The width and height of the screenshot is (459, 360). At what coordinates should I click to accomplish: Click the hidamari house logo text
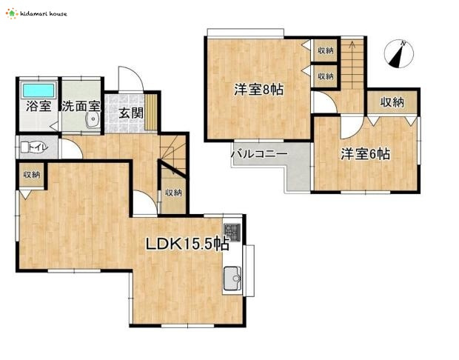44,14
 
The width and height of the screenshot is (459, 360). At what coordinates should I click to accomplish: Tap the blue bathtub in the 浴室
39,90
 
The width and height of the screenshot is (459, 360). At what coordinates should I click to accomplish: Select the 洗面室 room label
81,106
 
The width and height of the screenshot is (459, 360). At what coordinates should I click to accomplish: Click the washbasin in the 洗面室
93,120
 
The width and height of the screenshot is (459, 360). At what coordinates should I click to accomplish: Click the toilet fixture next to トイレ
25,147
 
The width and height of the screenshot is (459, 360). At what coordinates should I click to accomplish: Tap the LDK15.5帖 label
187,244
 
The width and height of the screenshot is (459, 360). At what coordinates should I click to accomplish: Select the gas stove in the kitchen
232,233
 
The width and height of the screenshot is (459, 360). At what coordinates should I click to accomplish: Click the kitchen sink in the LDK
232,279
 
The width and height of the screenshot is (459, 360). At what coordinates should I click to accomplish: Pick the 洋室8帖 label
259,90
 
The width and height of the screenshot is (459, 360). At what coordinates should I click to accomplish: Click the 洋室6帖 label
365,154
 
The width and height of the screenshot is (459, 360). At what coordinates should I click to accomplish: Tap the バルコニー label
259,153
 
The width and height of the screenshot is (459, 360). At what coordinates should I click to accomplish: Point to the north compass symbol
399,53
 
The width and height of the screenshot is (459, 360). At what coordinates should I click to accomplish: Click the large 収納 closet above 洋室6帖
392,102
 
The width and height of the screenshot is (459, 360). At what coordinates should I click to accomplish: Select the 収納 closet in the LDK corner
32,175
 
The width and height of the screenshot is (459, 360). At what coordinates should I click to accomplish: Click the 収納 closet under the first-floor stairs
173,193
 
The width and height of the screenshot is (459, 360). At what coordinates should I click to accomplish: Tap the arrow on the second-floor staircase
352,45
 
